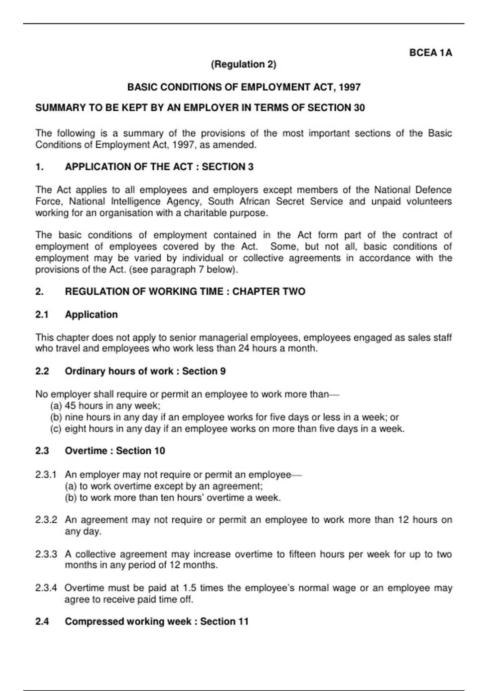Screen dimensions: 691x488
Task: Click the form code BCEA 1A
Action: pyautogui.click(x=430, y=53)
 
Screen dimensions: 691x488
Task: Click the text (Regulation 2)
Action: pyautogui.click(x=244, y=64)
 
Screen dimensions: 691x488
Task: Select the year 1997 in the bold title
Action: pyautogui.click(x=349, y=87)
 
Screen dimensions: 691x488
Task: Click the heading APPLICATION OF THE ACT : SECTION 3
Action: pyautogui.click(x=159, y=167)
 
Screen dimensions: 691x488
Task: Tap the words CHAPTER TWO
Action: pyautogui.click(x=269, y=291)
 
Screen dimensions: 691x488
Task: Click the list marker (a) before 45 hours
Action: pyautogui.click(x=56, y=406)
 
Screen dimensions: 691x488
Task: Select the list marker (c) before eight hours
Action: pyautogui.click(x=56, y=428)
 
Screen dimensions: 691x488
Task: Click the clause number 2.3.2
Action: pyautogui.click(x=46, y=520)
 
